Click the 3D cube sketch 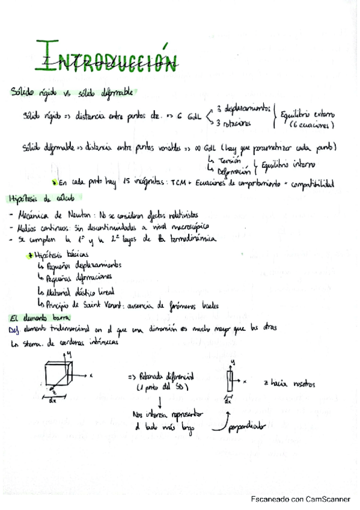click(x=62, y=375)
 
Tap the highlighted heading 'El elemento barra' click(x=33, y=318)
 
